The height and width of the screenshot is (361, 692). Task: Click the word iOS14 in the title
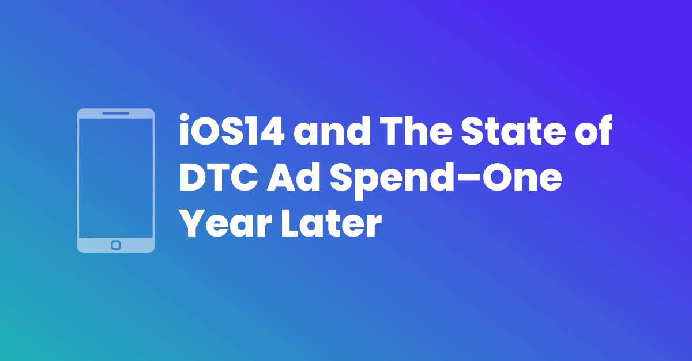(232, 130)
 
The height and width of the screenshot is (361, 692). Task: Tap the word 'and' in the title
(332, 130)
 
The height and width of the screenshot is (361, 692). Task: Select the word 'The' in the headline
(416, 130)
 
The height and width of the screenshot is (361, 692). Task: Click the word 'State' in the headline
(513, 131)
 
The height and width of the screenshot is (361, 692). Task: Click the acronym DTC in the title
(219, 177)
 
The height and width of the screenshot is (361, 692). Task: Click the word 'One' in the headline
(522, 177)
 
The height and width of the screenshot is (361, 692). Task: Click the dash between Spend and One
(468, 178)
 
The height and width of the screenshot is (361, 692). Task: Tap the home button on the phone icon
(116, 245)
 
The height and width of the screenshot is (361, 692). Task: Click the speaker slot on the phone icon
(116, 113)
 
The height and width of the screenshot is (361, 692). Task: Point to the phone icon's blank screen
(116, 178)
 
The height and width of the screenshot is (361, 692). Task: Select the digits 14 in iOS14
(269, 131)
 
